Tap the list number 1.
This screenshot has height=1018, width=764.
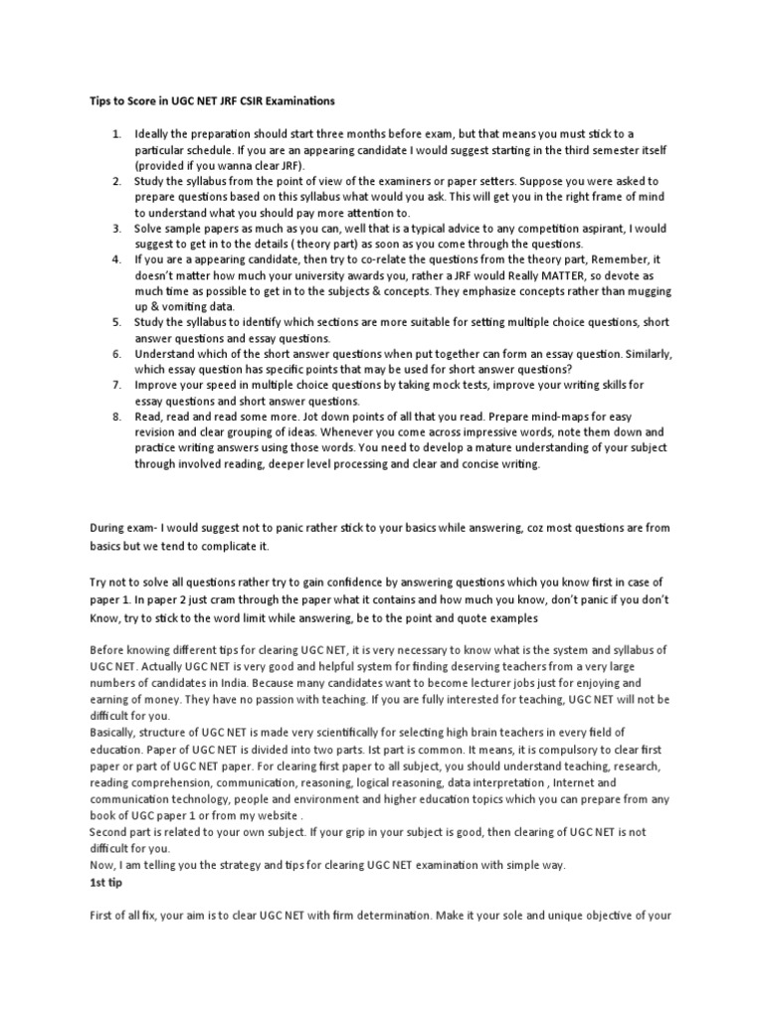pos(116,133)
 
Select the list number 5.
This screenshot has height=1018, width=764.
pos(116,323)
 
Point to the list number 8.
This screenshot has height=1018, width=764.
pos(116,418)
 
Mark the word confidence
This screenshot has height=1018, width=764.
pos(344,582)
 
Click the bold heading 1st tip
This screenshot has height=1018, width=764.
pos(105,881)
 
